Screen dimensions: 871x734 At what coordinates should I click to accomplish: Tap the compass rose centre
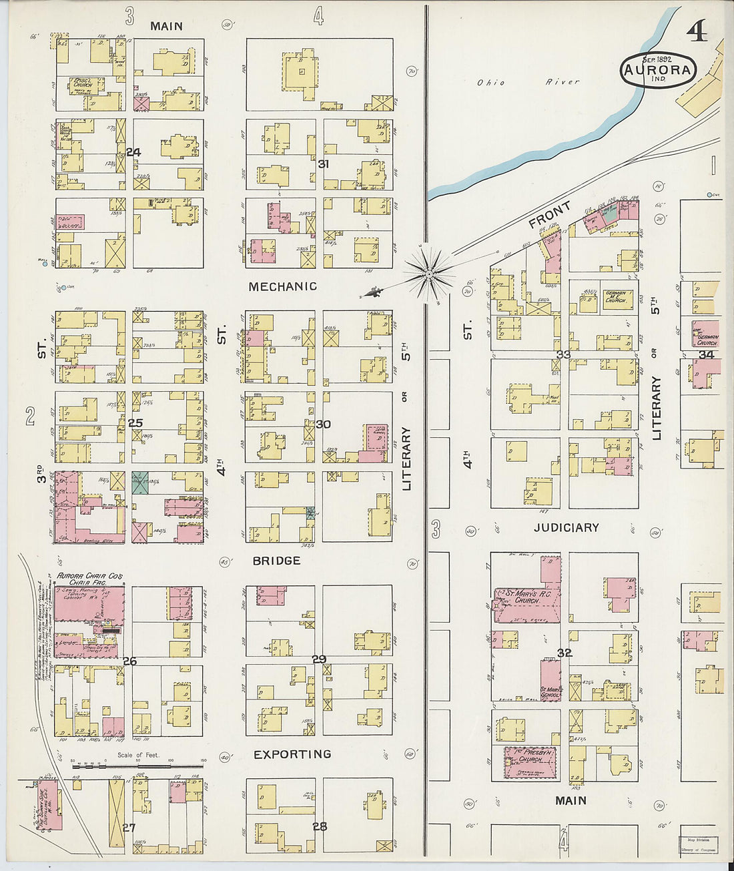(428, 272)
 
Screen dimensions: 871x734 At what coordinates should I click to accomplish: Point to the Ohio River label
(528, 83)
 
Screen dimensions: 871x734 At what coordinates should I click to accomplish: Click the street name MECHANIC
(283, 286)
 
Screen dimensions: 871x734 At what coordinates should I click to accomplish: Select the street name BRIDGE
(276, 561)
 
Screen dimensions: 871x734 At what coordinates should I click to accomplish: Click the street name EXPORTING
(292, 754)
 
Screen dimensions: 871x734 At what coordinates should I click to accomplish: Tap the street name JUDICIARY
(567, 527)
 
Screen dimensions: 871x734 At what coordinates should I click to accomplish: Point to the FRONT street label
(550, 214)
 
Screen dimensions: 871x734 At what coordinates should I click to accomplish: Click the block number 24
(133, 152)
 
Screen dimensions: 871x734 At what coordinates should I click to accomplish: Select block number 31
(324, 164)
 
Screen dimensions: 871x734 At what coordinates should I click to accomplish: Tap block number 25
(135, 423)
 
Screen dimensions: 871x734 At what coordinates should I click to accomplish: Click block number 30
(324, 424)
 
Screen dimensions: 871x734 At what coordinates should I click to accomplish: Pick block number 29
(320, 659)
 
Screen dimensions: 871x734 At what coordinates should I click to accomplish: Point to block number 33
(564, 354)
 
